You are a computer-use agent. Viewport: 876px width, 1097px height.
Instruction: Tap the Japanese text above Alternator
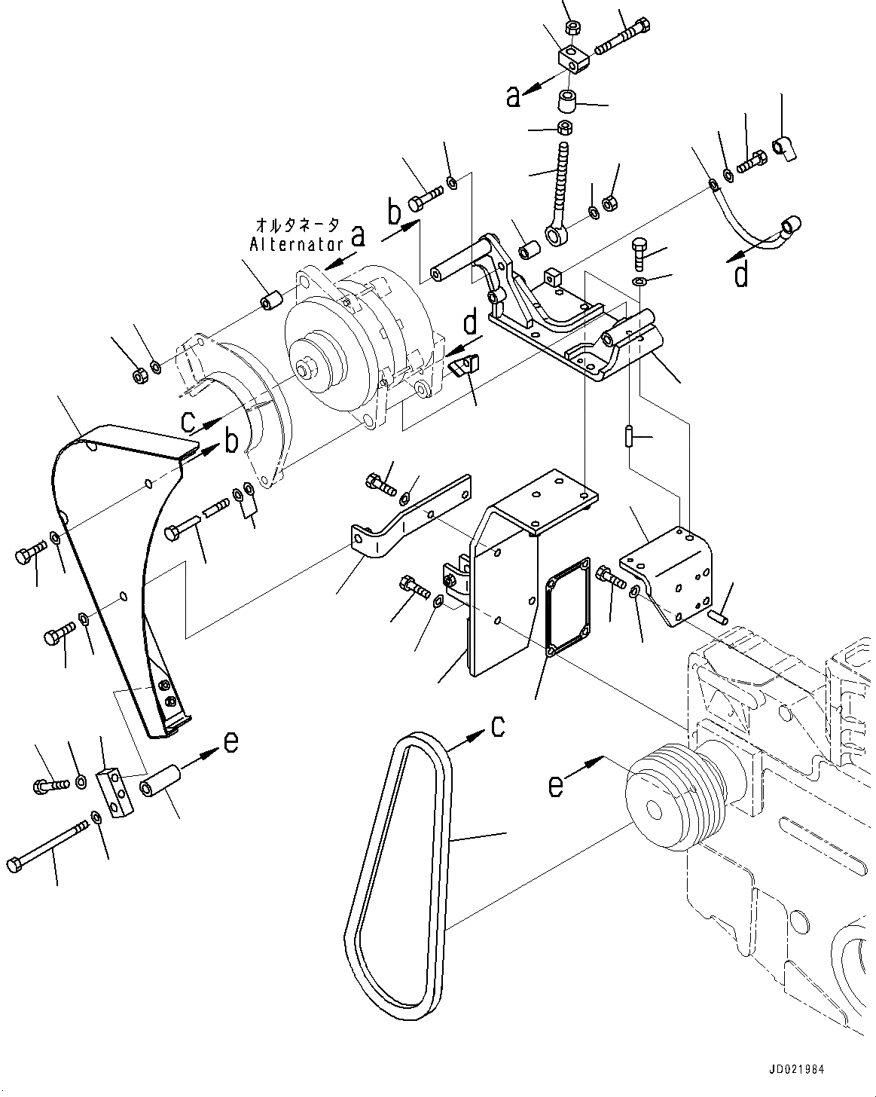point(298,225)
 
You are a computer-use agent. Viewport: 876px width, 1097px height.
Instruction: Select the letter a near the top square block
point(514,96)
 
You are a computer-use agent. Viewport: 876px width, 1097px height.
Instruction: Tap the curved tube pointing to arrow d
point(753,222)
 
